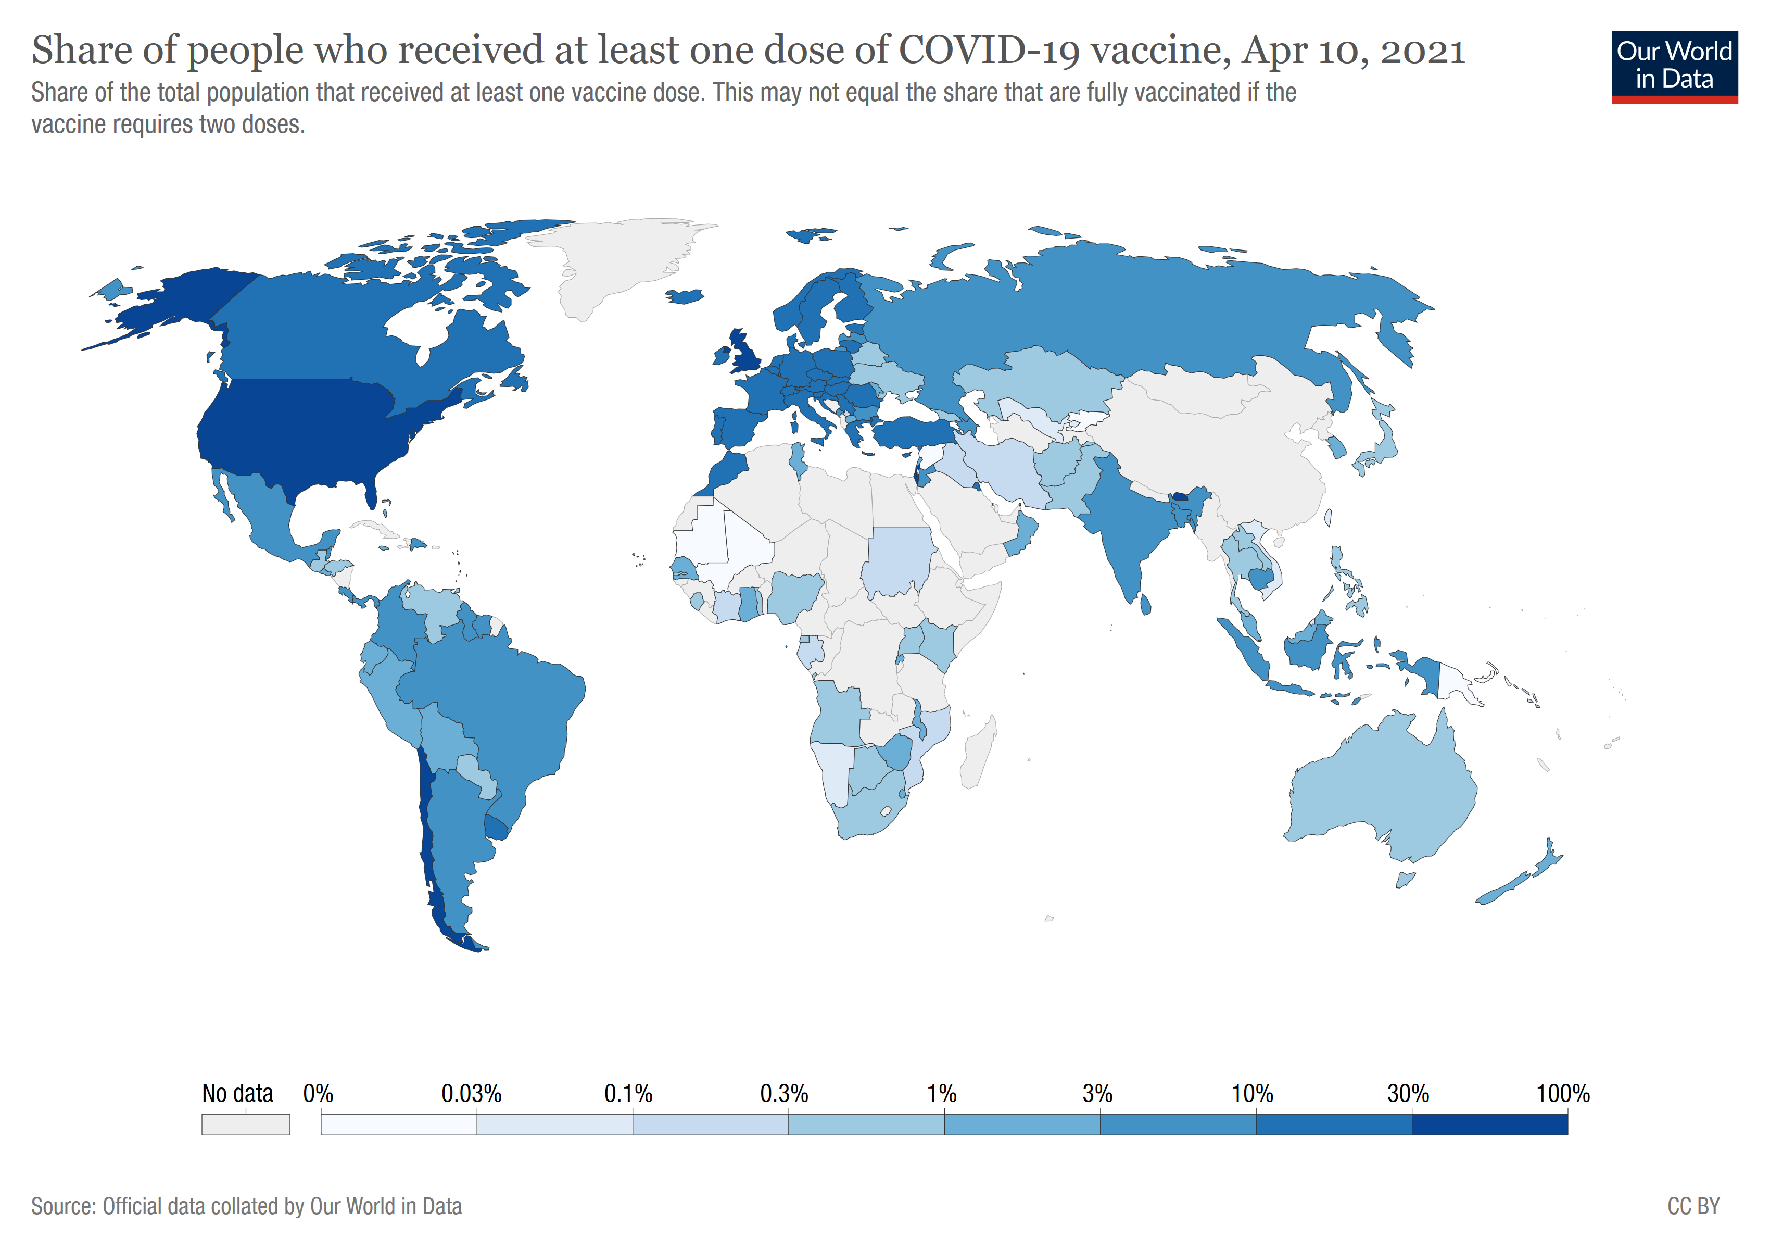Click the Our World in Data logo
tap(1674, 66)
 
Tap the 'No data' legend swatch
tap(245, 1124)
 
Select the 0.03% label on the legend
tap(471, 1093)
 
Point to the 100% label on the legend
tap(1563, 1093)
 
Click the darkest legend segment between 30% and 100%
tap(1489, 1124)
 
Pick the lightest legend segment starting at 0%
tap(399, 1124)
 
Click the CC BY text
tap(1693, 1206)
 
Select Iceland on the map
tap(684, 296)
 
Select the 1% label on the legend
tap(941, 1093)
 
